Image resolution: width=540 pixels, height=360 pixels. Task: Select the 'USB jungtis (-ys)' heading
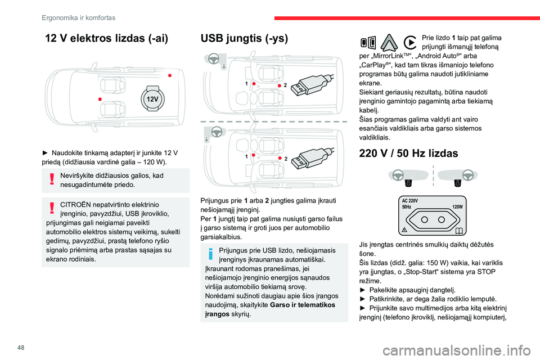tap(244, 39)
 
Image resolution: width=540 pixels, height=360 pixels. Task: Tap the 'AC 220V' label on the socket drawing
tap(410, 201)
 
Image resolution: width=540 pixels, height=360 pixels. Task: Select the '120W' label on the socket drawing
tap(457, 207)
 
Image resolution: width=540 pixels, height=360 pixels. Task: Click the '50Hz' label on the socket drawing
tap(407, 207)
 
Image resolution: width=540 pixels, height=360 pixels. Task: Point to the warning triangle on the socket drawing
tap(404, 230)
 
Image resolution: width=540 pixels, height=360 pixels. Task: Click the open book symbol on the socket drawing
tap(460, 230)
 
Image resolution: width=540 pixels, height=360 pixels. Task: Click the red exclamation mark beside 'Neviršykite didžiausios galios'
tap(52, 179)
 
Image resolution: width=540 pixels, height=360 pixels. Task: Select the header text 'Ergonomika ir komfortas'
tap(78, 17)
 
